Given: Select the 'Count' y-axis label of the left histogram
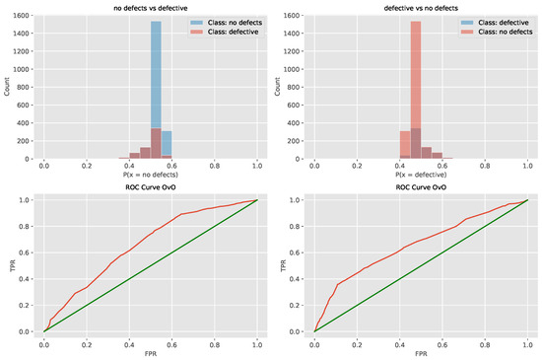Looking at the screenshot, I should tap(7, 87).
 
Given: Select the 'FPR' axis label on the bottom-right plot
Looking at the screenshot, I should tap(421, 352).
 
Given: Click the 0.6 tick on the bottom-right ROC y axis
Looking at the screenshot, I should tap(299, 252).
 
